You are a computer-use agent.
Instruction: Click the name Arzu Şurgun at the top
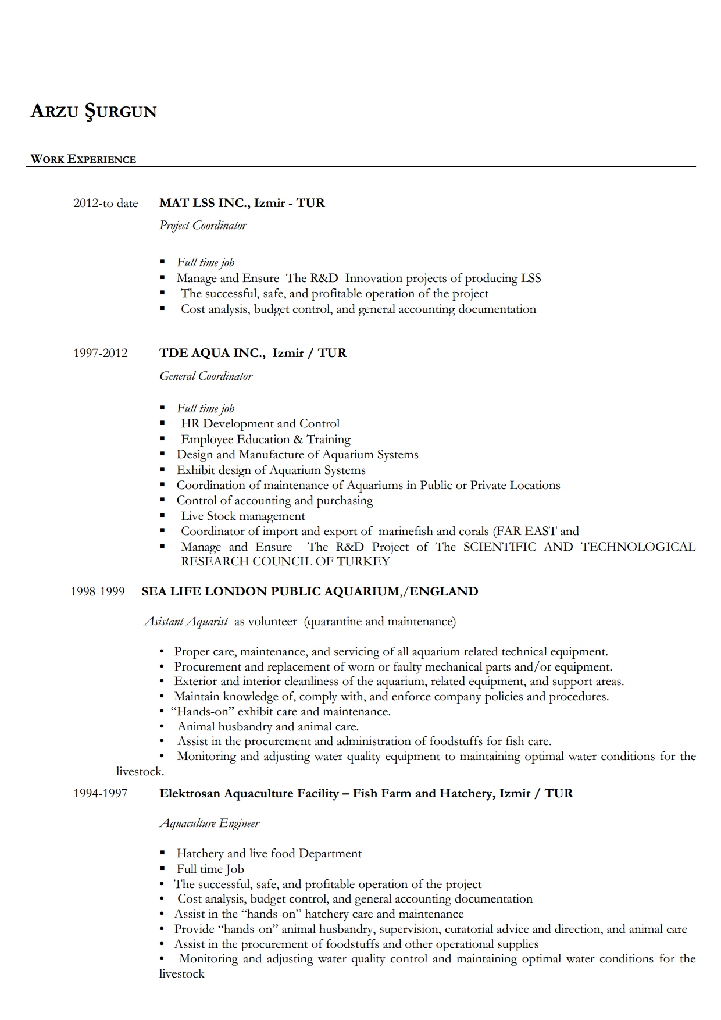(x=93, y=111)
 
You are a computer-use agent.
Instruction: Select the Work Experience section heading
(x=83, y=159)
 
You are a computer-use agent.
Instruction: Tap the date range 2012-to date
(x=106, y=204)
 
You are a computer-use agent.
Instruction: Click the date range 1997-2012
(x=101, y=353)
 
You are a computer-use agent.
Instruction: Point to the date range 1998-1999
(x=98, y=591)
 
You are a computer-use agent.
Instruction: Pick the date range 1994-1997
(x=101, y=793)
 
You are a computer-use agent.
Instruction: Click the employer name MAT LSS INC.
(x=204, y=203)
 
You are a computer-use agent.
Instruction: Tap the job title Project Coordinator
(x=203, y=226)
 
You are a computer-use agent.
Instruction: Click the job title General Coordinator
(x=206, y=376)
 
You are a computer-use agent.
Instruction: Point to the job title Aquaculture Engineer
(x=209, y=823)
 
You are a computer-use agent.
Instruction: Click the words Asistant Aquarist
(x=186, y=622)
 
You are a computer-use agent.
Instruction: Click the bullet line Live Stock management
(x=242, y=516)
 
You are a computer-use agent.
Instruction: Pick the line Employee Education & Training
(x=266, y=440)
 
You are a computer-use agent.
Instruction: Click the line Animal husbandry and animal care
(x=267, y=726)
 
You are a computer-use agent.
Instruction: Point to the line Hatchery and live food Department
(x=269, y=854)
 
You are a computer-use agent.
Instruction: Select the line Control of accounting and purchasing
(x=274, y=501)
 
